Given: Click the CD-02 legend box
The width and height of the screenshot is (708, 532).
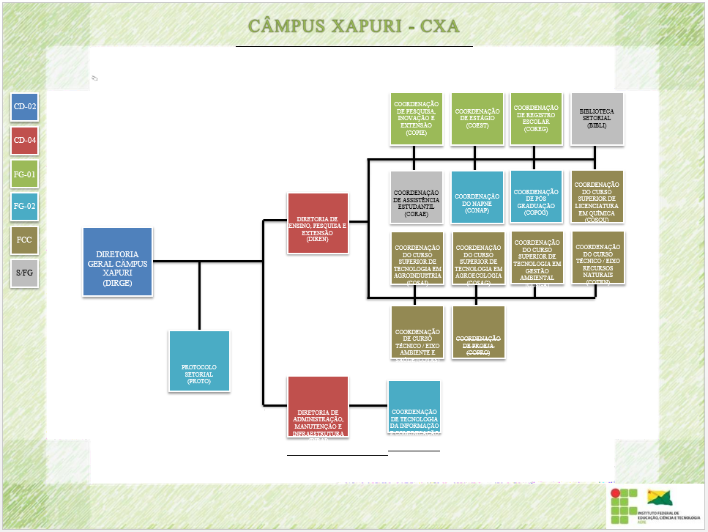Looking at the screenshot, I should click(25, 107).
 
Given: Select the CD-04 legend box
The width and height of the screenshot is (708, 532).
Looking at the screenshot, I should click(25, 141).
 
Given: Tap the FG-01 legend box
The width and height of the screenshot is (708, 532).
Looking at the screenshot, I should click(25, 174).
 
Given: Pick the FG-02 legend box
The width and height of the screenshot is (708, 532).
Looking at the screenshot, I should click(25, 207).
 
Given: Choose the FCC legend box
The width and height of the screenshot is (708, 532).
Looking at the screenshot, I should click(25, 240).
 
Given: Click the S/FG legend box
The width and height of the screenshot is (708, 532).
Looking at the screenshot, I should click(25, 273).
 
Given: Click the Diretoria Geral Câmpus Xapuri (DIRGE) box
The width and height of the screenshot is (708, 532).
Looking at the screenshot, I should click(118, 262).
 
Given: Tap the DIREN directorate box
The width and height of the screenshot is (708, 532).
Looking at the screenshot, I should click(318, 223).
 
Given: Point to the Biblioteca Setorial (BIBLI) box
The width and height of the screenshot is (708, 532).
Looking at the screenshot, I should click(597, 119).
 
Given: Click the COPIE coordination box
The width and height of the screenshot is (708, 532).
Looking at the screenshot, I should click(416, 119).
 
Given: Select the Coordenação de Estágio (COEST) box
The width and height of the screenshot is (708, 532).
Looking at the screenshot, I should click(477, 119).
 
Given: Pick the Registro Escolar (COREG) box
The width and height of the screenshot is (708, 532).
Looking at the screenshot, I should click(536, 119).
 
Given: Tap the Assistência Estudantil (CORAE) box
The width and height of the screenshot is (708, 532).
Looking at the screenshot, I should click(416, 197).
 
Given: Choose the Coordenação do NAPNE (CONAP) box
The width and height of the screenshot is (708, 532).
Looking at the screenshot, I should click(477, 197).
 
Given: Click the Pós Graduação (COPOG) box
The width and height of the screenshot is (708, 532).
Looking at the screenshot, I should click(536, 196).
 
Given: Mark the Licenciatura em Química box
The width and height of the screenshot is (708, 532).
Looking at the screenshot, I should click(597, 196).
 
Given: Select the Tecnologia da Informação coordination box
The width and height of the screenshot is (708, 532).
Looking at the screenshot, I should click(414, 407).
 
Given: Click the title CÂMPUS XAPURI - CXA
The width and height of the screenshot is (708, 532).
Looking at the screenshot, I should click(354, 26).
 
